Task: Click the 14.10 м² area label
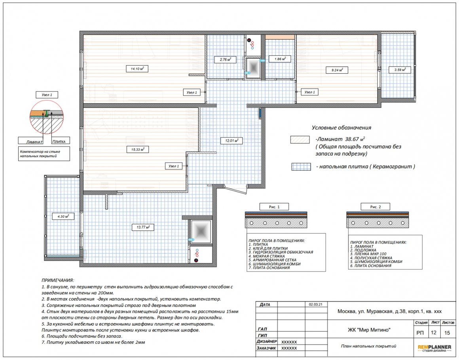coord(137,69)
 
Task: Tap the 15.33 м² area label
coord(138,149)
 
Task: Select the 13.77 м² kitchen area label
coord(143,227)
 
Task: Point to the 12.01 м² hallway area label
coord(231,141)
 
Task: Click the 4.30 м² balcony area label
coord(63,217)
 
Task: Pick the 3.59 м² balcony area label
coord(400,70)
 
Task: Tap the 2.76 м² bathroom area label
coord(225,59)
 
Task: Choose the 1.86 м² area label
coord(280,59)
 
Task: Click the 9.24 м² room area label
coord(337,70)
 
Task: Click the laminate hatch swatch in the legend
coord(300,139)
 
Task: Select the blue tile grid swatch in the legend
coord(301,167)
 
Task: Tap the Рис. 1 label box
coord(274,207)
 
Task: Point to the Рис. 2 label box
coord(375,207)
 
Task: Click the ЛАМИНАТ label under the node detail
coord(34,142)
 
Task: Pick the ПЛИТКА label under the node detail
coord(59,141)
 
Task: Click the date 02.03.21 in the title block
coord(316,304)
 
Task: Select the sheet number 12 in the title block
coord(434,332)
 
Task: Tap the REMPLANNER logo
coord(434,348)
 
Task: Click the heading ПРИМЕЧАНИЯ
coord(58,280)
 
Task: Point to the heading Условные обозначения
coord(341,128)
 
